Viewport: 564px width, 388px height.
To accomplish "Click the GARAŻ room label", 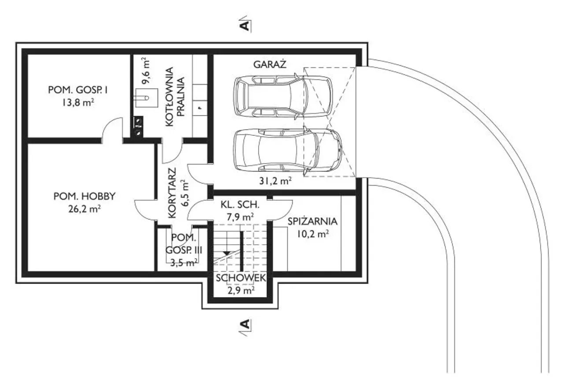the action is click(x=270, y=64).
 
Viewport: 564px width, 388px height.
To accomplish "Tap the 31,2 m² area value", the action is click(x=275, y=181).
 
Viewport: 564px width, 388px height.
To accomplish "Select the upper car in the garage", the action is click(x=283, y=96).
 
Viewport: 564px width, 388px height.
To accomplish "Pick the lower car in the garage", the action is click(x=288, y=151).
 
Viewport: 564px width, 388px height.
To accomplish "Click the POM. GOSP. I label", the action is click(x=78, y=90).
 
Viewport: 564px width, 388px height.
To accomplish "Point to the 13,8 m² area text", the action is click(x=78, y=102).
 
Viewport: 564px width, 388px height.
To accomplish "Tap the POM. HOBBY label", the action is click(x=84, y=196).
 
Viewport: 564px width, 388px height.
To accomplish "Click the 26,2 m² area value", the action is click(x=85, y=209).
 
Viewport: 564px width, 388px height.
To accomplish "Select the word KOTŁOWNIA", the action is click(x=170, y=97).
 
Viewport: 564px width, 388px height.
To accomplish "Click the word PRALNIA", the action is click(x=181, y=97).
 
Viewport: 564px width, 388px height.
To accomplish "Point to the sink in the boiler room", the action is click(x=147, y=98).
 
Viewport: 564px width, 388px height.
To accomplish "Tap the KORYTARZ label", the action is click(x=172, y=193).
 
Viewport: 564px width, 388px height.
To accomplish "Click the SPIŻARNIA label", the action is click(x=312, y=221).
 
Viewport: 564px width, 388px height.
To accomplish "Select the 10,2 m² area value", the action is click(x=313, y=234).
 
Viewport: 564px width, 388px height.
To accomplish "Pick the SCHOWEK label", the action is click(x=241, y=278).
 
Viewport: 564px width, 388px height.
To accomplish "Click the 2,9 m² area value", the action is click(x=241, y=291).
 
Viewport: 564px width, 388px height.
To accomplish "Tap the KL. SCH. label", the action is click(x=240, y=205).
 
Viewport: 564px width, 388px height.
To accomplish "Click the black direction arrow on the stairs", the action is click(x=226, y=253).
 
